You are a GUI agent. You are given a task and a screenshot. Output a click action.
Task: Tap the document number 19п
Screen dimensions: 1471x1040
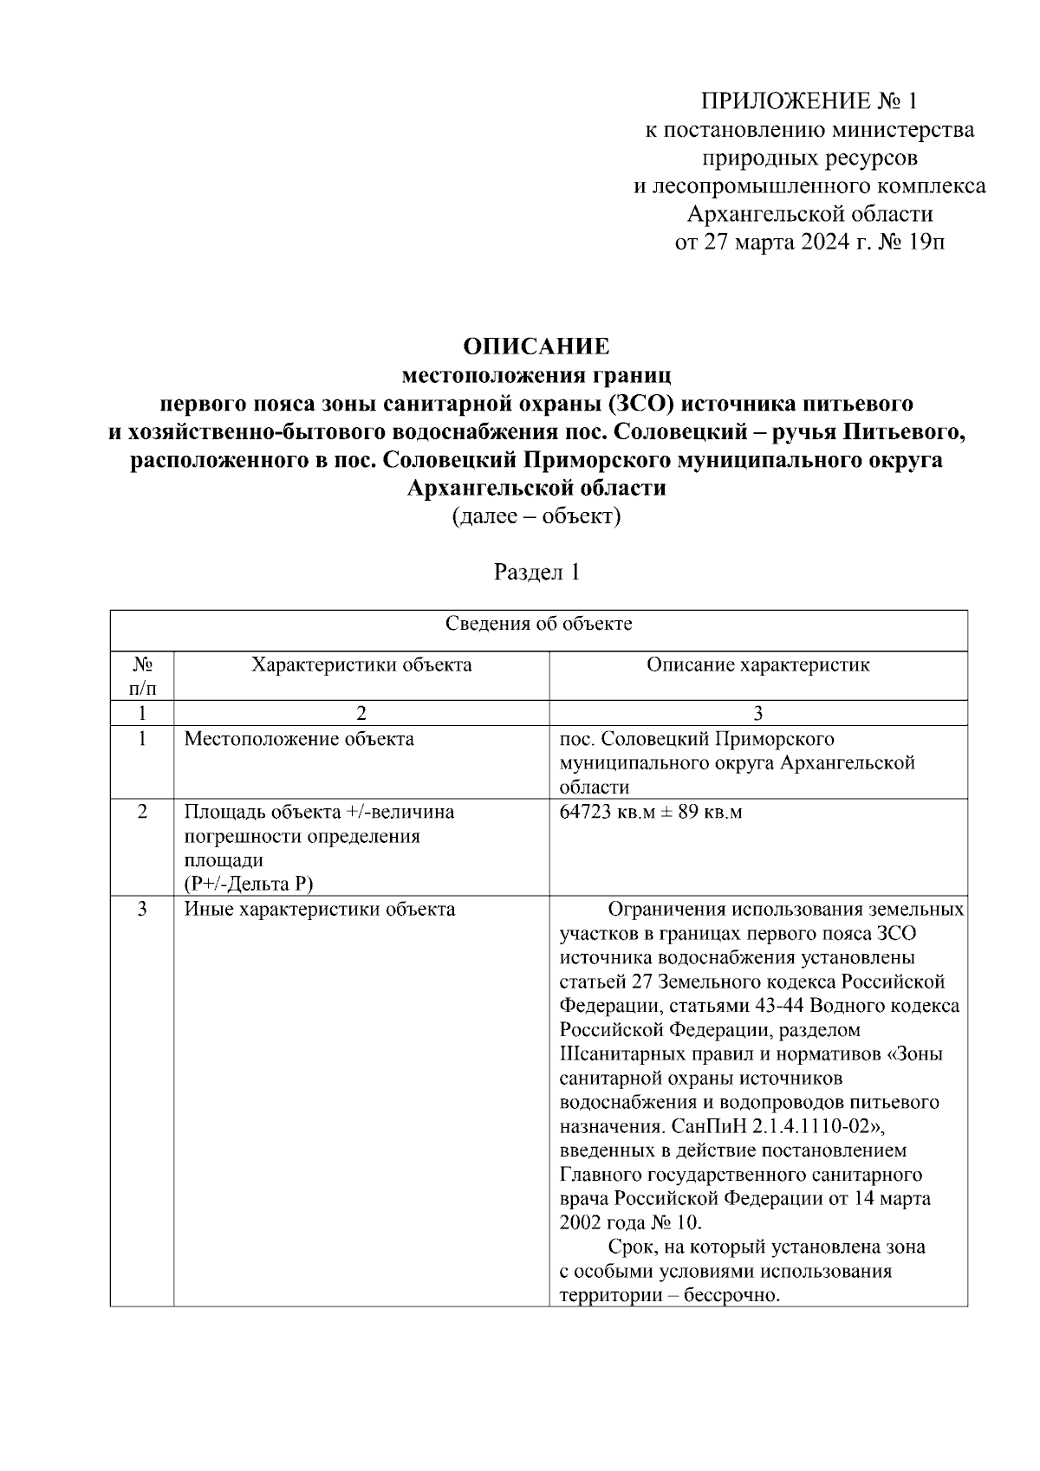[926, 242]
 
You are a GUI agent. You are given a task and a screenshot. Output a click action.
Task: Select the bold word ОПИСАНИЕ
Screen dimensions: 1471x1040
[536, 347]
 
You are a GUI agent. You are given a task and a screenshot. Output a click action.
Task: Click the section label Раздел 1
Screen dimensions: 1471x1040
[536, 573]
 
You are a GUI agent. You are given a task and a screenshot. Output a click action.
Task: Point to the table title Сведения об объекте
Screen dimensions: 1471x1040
[538, 624]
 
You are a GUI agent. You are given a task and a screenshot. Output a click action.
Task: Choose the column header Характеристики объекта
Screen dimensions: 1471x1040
[361, 664]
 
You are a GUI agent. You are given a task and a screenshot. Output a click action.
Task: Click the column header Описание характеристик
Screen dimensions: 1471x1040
[758, 664]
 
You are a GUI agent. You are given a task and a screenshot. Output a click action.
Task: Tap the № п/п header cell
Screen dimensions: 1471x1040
[142, 676]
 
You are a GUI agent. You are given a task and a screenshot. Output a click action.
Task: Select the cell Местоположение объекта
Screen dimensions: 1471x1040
[299, 739]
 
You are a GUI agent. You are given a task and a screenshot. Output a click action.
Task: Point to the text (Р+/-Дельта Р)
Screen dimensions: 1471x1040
[248, 884]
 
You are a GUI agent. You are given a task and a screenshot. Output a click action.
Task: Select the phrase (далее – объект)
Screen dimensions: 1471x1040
[536, 516]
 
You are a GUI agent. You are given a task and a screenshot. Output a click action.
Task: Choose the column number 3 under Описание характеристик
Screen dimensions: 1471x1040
[758, 713]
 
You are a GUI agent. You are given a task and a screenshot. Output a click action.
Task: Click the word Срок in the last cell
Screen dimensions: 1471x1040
[630, 1247]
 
